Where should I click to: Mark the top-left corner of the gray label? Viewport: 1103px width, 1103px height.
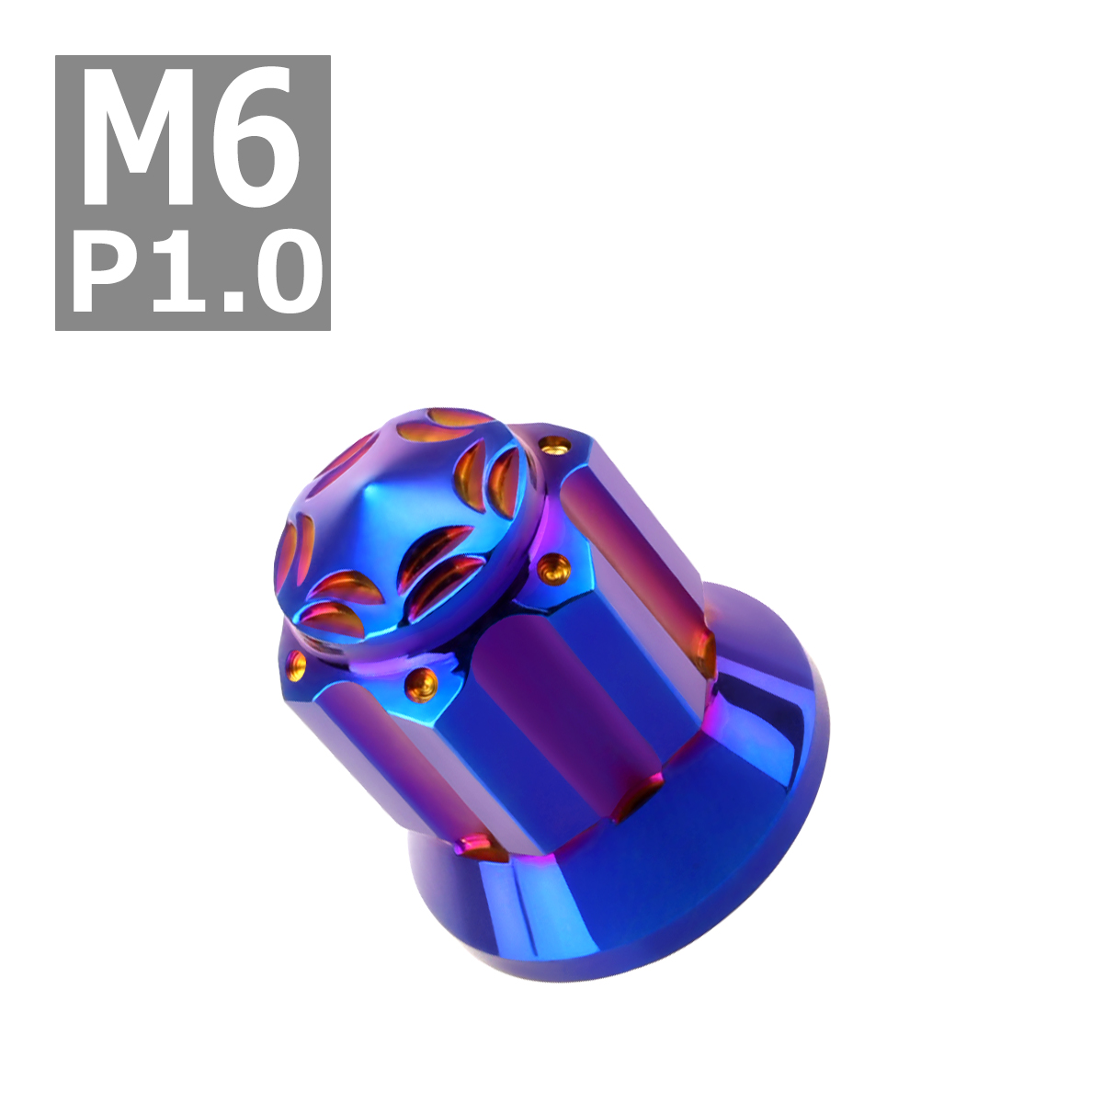tap(55, 55)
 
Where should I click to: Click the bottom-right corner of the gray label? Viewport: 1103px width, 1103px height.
tap(330, 330)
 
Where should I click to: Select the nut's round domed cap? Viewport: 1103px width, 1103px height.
tap(407, 525)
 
